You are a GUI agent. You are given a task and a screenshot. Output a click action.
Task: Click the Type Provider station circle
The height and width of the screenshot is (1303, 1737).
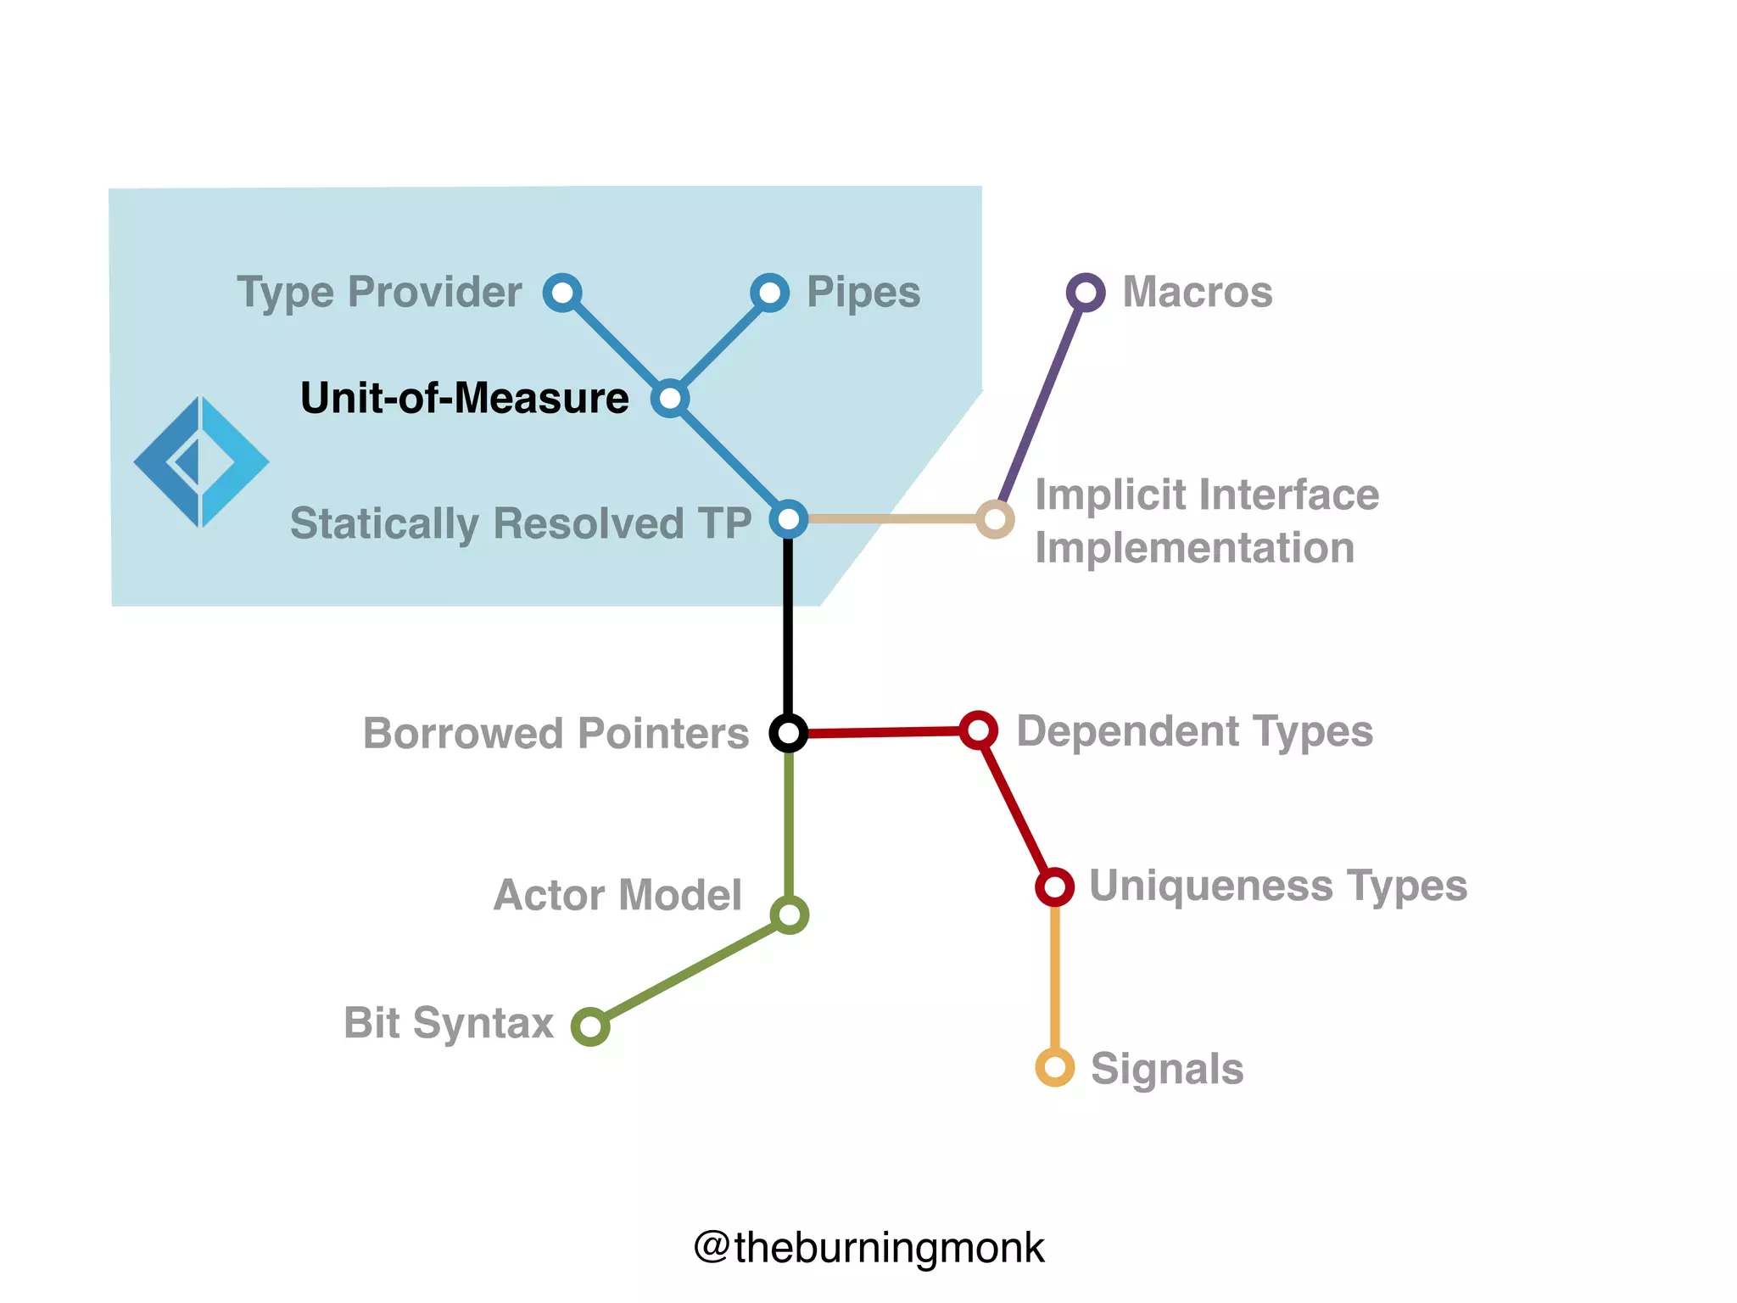tap(562, 293)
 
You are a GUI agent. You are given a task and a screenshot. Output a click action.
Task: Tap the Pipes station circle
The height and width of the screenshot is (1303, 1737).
tap(769, 293)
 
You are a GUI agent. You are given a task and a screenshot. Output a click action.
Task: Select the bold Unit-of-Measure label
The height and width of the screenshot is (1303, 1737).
tap(464, 398)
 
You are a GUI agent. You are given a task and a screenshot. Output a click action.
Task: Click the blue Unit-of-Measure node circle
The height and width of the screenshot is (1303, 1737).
tap(670, 398)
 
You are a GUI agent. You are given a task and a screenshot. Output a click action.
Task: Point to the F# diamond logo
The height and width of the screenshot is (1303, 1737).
tap(201, 462)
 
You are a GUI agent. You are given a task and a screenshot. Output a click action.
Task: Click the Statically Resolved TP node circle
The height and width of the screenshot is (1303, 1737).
tap(788, 518)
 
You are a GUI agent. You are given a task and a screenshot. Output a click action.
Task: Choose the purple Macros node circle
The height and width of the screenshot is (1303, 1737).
tap(1086, 293)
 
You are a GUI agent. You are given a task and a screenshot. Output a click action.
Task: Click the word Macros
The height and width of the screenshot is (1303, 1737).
tap(1197, 293)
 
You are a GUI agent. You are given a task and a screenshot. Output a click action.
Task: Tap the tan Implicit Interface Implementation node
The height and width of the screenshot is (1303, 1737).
tap(995, 518)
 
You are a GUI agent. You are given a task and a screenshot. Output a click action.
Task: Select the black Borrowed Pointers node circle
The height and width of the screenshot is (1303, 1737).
tap(788, 733)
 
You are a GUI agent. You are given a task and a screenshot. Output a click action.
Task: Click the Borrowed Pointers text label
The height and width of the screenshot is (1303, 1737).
tap(556, 733)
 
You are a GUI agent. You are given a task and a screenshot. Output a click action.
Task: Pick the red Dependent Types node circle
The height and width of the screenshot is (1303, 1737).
tap(978, 730)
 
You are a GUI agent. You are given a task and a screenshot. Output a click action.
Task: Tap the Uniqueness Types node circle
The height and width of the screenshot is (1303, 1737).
tap(1054, 887)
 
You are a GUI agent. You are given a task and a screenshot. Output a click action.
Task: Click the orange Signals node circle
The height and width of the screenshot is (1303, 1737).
tap(1055, 1067)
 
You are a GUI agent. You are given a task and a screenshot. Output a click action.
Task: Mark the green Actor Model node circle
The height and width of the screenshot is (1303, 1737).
tap(789, 914)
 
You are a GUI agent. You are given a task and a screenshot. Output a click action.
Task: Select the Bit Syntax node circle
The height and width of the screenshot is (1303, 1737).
tap(590, 1026)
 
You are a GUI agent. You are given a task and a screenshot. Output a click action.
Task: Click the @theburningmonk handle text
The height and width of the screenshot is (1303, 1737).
tap(868, 1248)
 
